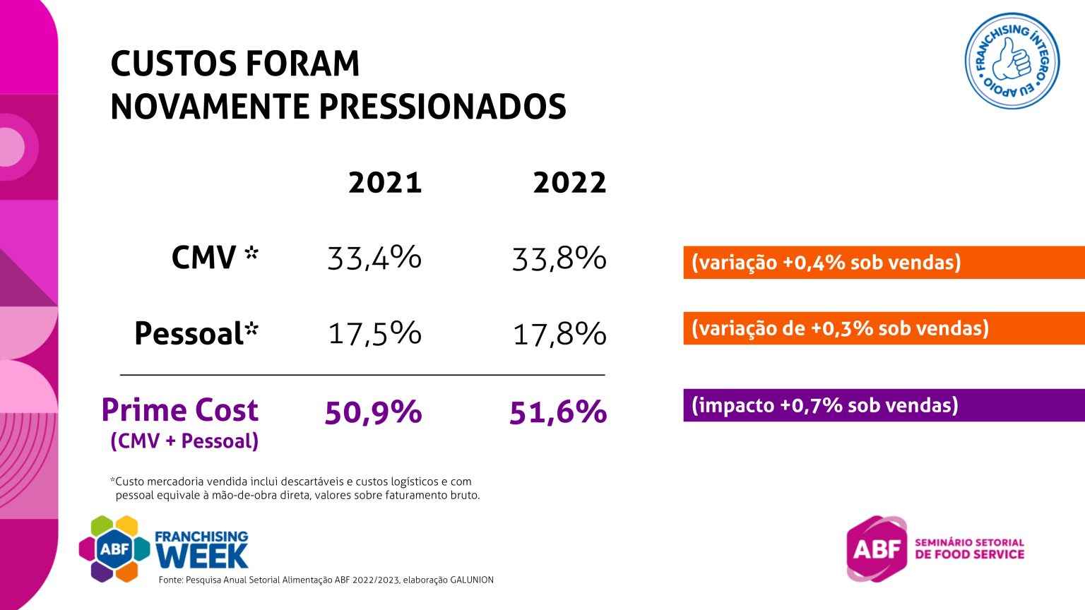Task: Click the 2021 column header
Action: pos(385,183)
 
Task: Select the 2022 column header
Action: pos(569,183)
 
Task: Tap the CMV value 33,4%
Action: pos(374,257)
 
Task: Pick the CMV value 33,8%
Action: pos(559,257)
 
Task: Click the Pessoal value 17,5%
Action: pos(374,333)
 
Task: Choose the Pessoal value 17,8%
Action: pos(559,333)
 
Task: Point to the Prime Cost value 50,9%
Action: pos(373,412)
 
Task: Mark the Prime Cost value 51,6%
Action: pos(558,412)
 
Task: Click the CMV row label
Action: pos(215,256)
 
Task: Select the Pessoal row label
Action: pos(196,333)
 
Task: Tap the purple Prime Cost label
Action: pos(179,410)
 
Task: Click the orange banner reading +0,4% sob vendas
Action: pos(884,263)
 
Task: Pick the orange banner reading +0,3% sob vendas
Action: pos(884,328)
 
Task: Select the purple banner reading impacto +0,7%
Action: pos(884,405)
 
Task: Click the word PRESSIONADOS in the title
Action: pos(442,106)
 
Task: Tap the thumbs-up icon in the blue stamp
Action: pos(1012,60)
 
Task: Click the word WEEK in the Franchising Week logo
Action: pos(203,556)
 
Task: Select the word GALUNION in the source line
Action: pos(472,580)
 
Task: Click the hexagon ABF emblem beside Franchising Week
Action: pos(114,549)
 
